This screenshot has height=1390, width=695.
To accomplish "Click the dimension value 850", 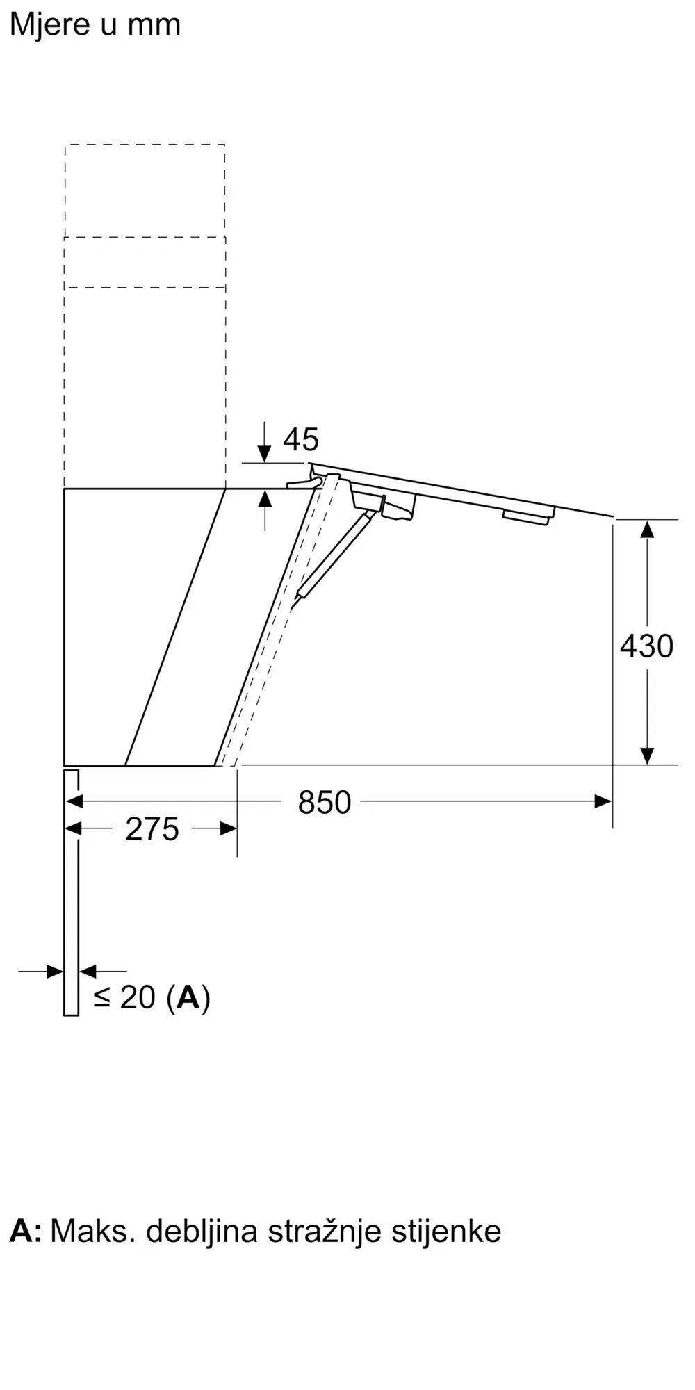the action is pyautogui.click(x=324, y=802).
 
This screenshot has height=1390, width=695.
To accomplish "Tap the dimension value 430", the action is pyautogui.click(x=646, y=646).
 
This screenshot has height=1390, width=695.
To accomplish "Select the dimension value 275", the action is pyautogui.click(x=152, y=829).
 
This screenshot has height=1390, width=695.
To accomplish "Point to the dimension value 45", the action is pyautogui.click(x=301, y=439).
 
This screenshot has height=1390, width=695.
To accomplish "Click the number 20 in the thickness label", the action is pyautogui.click(x=138, y=997).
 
